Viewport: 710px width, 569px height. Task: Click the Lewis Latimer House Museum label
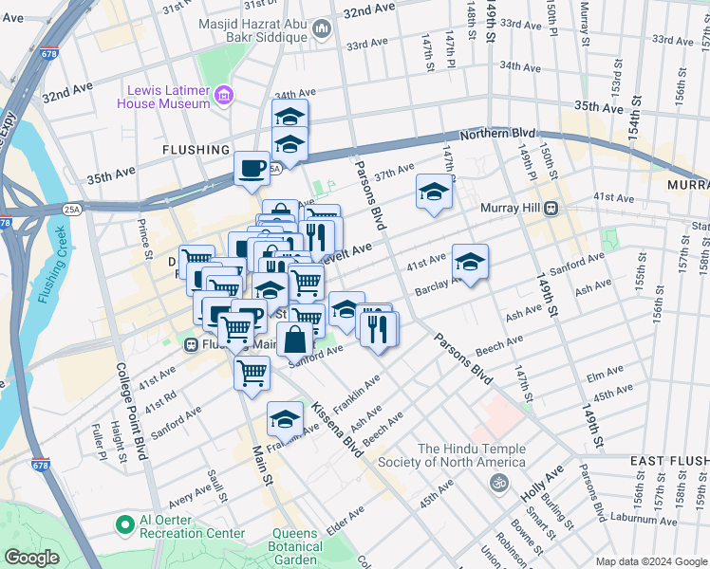162,96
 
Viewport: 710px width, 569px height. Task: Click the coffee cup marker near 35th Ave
252,168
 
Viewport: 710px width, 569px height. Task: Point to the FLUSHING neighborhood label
196,150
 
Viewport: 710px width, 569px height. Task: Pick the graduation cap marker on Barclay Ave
470,261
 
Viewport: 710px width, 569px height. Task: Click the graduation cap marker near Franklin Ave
285,418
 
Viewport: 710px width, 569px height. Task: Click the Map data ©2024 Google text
650,561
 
